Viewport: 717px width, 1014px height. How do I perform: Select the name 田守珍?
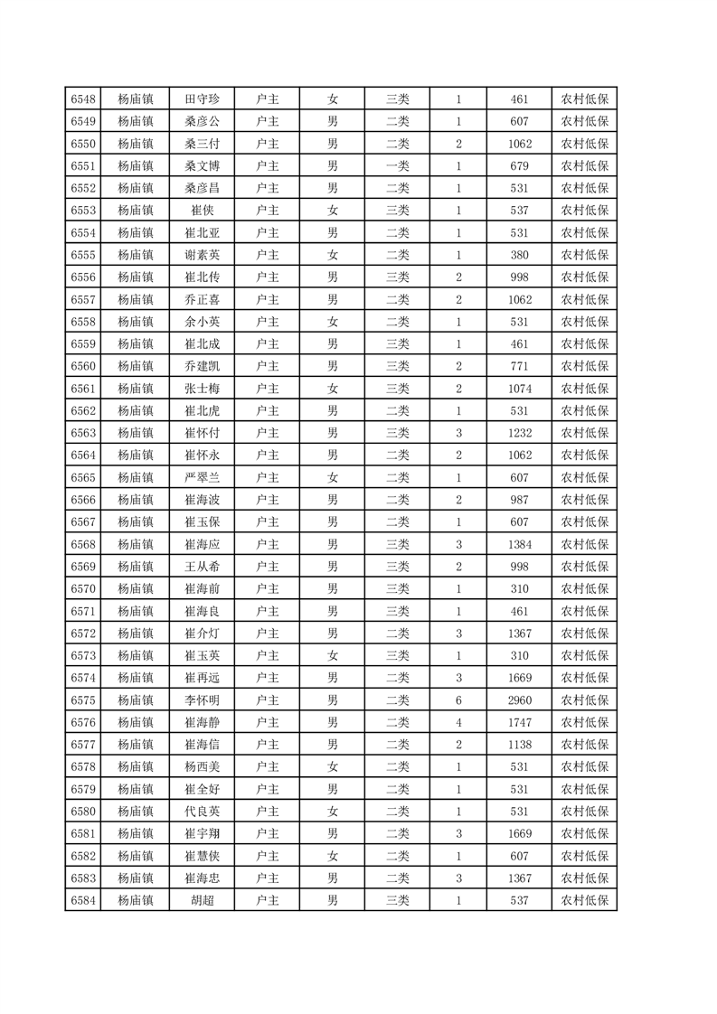(202, 99)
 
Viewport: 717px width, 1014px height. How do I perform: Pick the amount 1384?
(519, 544)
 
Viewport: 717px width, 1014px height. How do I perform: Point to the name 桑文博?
(202, 166)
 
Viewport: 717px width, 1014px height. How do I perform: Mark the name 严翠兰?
(202, 477)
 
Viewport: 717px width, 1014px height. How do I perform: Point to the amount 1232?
(519, 433)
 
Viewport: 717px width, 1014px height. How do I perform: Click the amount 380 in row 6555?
(519, 255)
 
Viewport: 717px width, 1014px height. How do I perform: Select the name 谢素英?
(202, 255)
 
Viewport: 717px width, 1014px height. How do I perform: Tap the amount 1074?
(519, 389)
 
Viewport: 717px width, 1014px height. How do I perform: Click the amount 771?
(519, 366)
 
